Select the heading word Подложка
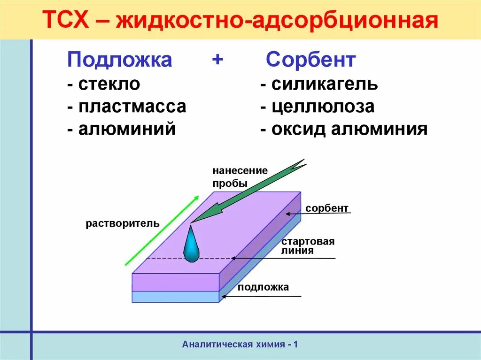pos(119,60)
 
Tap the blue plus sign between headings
pos(217,60)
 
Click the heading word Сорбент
pos(310,60)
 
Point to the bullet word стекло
pos(109,84)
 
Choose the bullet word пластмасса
pos(132,107)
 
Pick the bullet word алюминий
pos(127,129)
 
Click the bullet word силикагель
pos(325,84)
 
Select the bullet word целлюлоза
pos(323,107)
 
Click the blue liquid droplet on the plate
pos(191,245)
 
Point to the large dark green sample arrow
pos(249,190)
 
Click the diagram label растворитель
pos(123,223)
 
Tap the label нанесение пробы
pos(239,176)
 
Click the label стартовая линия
pos(308,246)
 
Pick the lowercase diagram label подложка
pos(263,287)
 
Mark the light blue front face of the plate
pos(175,297)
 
